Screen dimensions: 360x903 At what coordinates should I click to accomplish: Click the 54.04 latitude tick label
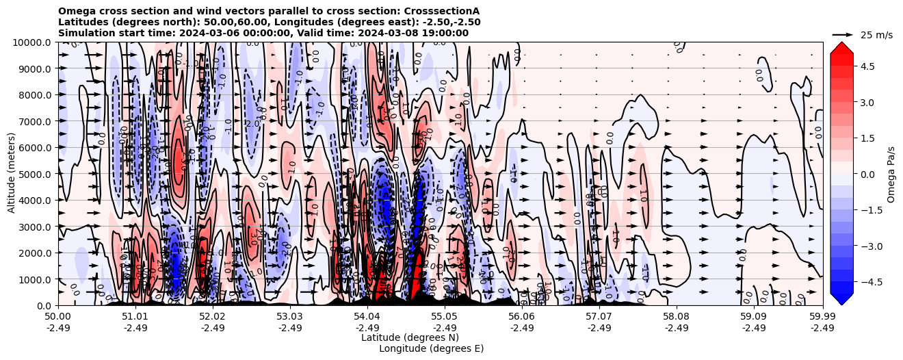tap(367, 317)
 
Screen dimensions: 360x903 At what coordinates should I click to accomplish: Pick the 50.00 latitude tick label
tap(58, 317)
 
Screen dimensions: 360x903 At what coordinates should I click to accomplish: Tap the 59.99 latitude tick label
tap(822, 317)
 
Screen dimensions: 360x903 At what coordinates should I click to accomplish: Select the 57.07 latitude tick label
tap(599, 317)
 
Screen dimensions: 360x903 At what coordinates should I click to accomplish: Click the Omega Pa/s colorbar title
tap(891, 174)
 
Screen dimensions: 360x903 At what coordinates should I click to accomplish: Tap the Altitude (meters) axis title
tap(12, 174)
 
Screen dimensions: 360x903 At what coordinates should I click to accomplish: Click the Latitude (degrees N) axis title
tap(410, 337)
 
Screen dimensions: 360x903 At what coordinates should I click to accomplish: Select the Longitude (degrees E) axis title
tap(431, 348)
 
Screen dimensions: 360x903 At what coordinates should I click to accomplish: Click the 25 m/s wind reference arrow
tap(842, 34)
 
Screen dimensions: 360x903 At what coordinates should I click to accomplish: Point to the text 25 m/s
tap(876, 35)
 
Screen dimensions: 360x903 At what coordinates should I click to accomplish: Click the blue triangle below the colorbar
tap(841, 299)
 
